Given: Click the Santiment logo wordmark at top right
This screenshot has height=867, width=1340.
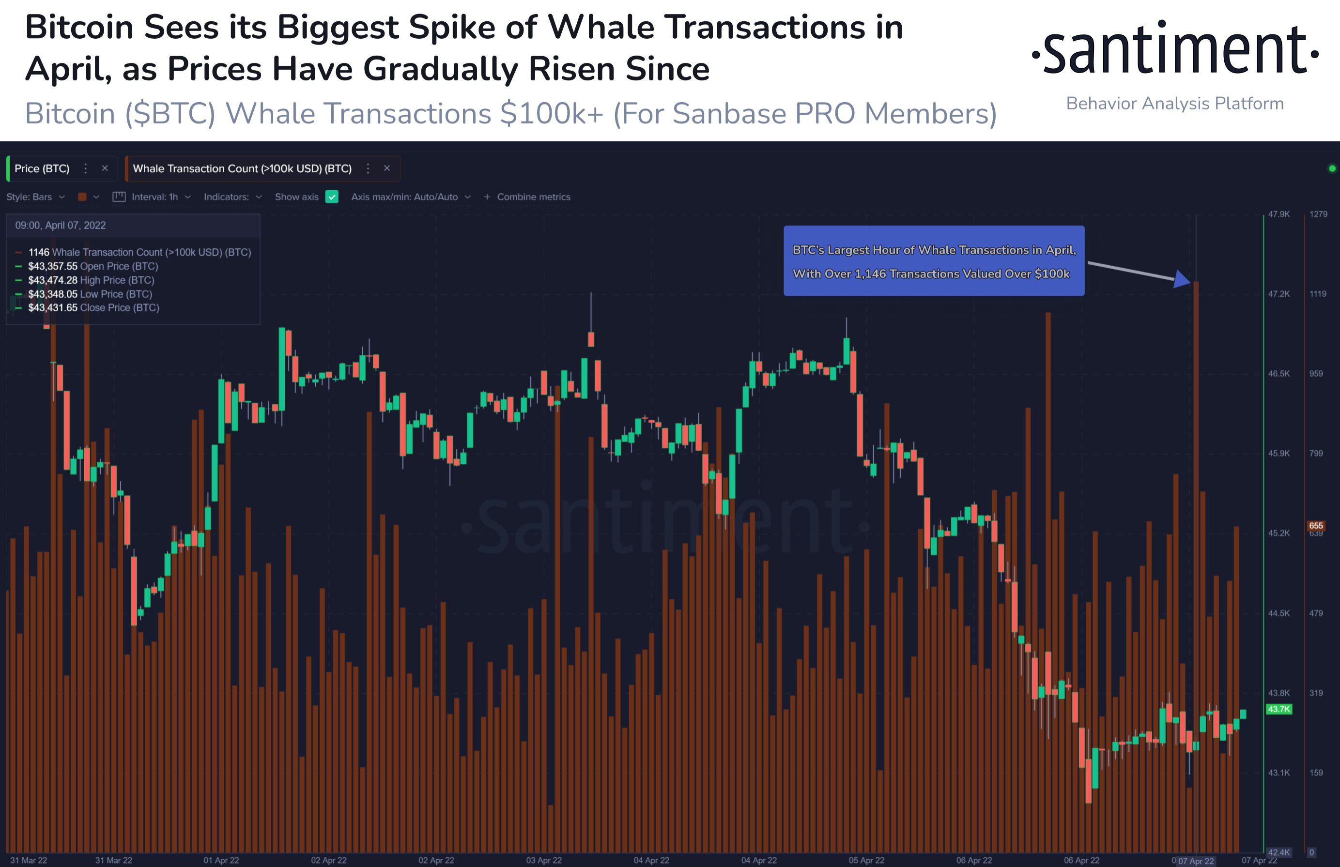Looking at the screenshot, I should [x=1174, y=49].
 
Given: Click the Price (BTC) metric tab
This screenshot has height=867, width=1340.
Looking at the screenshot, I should [x=42, y=168].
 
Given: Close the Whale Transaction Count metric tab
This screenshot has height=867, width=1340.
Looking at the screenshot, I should [x=387, y=168].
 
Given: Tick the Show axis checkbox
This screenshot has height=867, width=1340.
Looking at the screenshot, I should [x=332, y=197].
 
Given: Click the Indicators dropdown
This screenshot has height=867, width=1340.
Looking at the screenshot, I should [x=232, y=197].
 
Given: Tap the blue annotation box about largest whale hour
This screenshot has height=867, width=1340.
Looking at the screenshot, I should [x=934, y=261].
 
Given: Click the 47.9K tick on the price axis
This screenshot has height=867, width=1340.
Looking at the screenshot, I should [x=1278, y=214].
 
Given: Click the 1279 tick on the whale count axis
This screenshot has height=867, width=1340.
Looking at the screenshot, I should [x=1318, y=214].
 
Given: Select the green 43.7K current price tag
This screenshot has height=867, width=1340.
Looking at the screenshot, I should [x=1278, y=709].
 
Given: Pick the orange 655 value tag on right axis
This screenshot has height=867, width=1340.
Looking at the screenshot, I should [x=1316, y=526].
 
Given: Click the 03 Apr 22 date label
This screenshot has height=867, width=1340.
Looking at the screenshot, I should [x=544, y=860].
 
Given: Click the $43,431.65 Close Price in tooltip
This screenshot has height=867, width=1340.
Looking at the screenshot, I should [x=53, y=308].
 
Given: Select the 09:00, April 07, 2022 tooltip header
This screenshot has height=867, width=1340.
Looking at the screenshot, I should [x=60, y=225].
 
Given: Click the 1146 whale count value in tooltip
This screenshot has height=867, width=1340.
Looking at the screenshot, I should [x=39, y=252].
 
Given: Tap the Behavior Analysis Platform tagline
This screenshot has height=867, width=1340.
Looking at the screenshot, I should [x=1174, y=104].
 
